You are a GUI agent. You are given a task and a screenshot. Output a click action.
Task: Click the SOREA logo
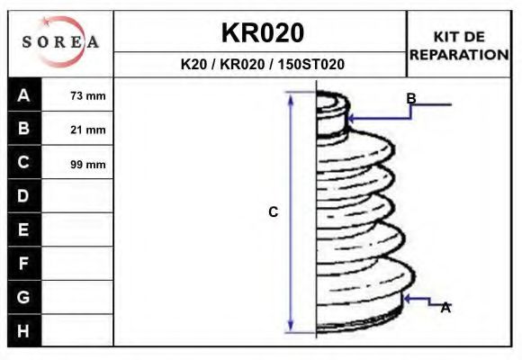pos(60,42)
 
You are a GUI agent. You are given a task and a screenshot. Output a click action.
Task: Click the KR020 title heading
pos(262,32)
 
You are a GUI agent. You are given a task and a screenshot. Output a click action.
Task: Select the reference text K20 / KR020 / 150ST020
pos(262,65)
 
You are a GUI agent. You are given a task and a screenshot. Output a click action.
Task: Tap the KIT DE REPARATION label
pos(459,45)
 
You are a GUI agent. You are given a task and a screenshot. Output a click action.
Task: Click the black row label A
pos(24,95)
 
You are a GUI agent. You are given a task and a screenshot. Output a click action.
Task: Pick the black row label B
pos(24,129)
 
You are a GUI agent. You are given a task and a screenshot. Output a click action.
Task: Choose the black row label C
pos(24,163)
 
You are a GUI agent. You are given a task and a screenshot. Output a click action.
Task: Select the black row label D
pos(24,196)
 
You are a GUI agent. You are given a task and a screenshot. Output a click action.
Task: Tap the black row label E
pos(24,230)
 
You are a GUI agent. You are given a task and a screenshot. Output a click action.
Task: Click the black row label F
pos(24,264)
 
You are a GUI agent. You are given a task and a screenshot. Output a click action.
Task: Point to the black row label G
pos(24,297)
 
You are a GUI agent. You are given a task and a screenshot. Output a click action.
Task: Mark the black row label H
pos(24,330)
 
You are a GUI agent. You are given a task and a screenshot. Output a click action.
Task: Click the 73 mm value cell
pos(87,95)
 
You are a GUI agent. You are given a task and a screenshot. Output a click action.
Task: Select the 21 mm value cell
pos(87,130)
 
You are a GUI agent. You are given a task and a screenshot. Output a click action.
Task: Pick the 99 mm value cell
pos(87,164)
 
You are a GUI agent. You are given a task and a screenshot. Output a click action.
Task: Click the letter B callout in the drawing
pos(410,98)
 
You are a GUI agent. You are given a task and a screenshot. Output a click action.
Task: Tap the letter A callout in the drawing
pos(445,308)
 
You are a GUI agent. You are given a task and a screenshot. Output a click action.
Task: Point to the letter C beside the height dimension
pos(274,212)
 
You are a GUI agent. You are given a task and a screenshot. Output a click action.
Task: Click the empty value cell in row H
pos(77,330)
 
